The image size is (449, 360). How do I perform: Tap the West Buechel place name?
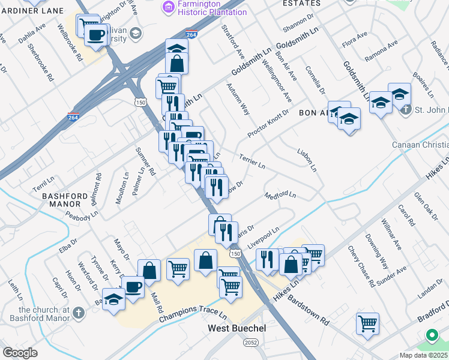click(237, 328)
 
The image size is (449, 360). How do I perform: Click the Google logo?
click(20, 353)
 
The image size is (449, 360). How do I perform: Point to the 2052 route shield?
click(251, 341)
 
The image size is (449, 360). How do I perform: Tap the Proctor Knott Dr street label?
click(268, 122)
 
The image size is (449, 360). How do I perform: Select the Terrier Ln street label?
click(252, 160)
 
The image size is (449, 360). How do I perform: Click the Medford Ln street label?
click(280, 195)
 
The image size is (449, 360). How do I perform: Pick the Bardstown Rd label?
click(309, 309)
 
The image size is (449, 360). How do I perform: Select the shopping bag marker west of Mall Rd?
click(149, 270)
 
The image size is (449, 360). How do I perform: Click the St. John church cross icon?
click(406, 110)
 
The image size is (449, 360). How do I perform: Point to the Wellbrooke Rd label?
click(70, 43)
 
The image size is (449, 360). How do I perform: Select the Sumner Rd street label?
click(146, 161)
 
